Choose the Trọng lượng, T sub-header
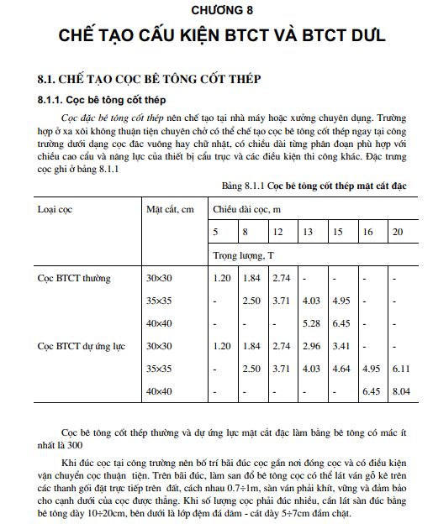pyautogui.click(x=245, y=253)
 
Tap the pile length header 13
pyautogui.click(x=308, y=231)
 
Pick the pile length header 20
pyautogui.click(x=398, y=231)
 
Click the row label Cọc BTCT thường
pyautogui.click(x=75, y=277)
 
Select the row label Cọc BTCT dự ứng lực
pyautogui.click(x=82, y=345)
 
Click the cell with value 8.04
pyautogui.click(x=400, y=390)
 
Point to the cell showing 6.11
pyautogui.click(x=400, y=368)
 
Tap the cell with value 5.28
pyautogui.click(x=310, y=322)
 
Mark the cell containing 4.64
pyautogui.click(x=341, y=368)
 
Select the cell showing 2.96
pyautogui.click(x=310, y=345)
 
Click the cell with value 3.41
pyautogui.click(x=341, y=345)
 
